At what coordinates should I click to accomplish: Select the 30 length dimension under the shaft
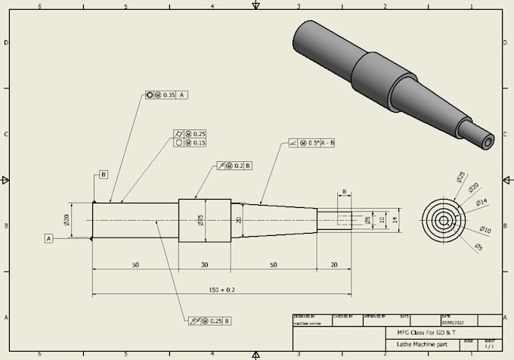click(204, 265)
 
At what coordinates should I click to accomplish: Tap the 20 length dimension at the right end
click(333, 265)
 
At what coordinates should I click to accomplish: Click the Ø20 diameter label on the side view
click(67, 220)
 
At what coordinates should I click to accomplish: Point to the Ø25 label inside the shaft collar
click(200, 220)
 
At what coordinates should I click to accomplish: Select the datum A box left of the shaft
click(49, 238)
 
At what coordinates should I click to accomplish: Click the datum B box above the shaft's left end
click(103, 175)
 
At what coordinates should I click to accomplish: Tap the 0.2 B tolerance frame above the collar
click(234, 165)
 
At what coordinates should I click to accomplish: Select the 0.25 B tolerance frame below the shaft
click(209, 321)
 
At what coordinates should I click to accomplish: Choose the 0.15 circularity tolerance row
click(190, 142)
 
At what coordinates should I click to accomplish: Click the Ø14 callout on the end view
click(482, 202)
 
